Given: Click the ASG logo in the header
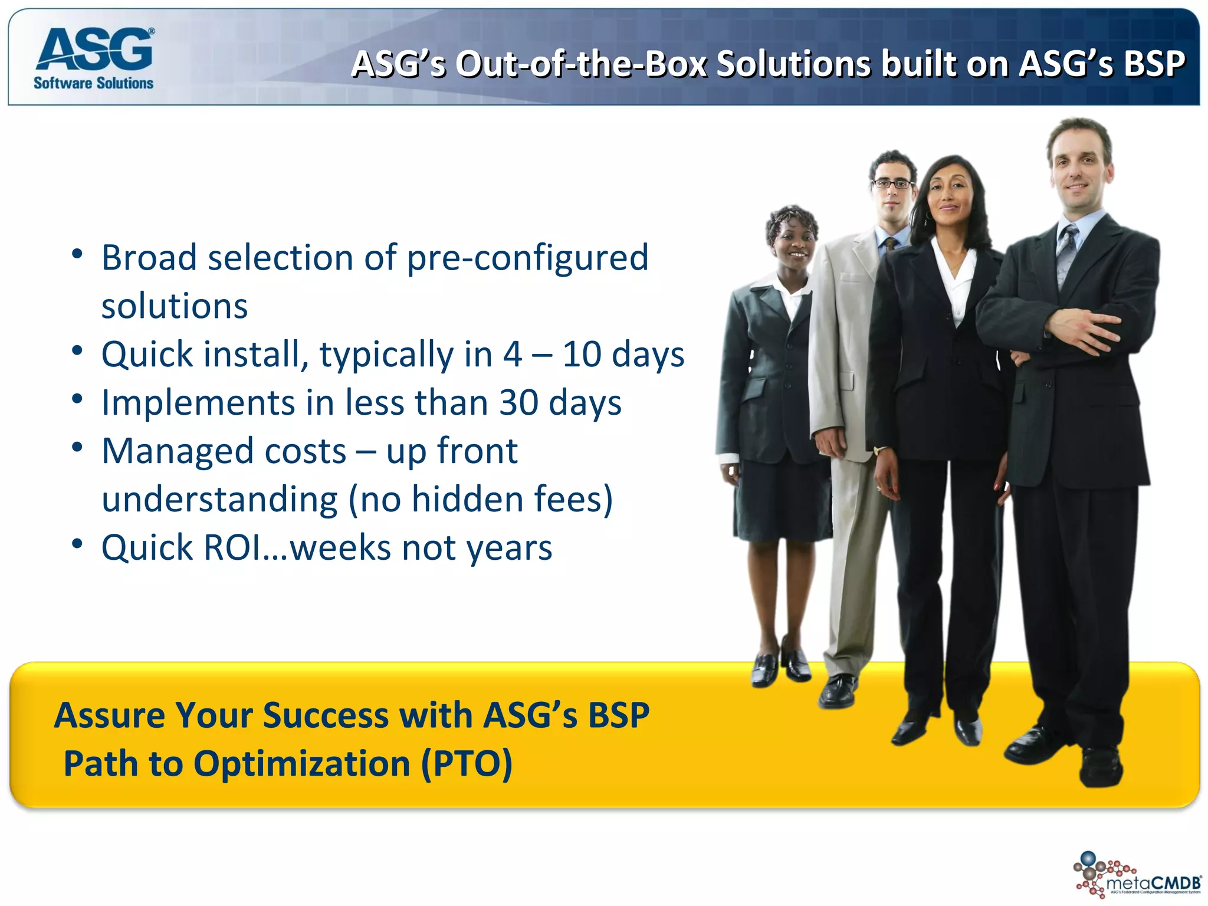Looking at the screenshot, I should (x=94, y=50).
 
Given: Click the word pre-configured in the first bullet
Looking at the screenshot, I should (x=527, y=258).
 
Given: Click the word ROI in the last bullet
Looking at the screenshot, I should (x=232, y=548).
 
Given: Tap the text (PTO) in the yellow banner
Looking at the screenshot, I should (x=467, y=764).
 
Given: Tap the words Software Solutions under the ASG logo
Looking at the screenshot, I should (x=93, y=83).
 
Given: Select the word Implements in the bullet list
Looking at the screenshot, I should (x=198, y=403).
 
